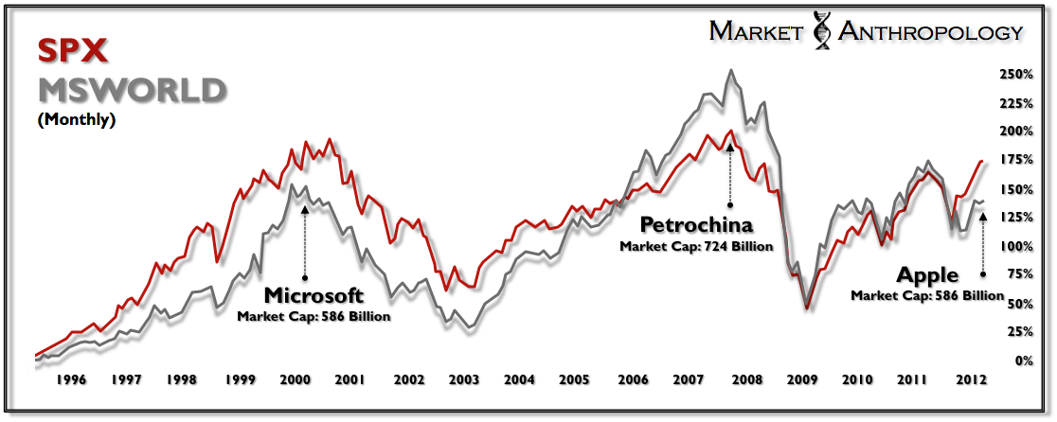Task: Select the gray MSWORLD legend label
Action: pyautogui.click(x=131, y=91)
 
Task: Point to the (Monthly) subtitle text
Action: pyautogui.click(x=76, y=121)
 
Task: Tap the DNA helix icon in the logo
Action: pyautogui.click(x=820, y=32)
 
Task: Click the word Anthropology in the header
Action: pyautogui.click(x=928, y=32)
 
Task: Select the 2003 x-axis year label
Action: pyautogui.click(x=464, y=380)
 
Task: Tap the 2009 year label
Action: pyautogui.click(x=803, y=380)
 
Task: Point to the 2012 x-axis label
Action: pyautogui.click(x=971, y=380)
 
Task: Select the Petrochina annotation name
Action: pyautogui.click(x=696, y=225)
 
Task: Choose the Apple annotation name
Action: pyautogui.click(x=928, y=276)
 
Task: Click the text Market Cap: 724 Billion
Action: pyautogui.click(x=696, y=247)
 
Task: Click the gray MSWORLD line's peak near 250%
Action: pyautogui.click(x=730, y=70)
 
